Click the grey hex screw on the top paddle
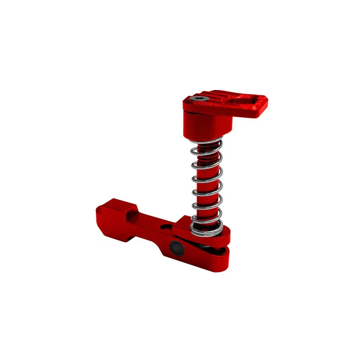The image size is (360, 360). click(x=199, y=99)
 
